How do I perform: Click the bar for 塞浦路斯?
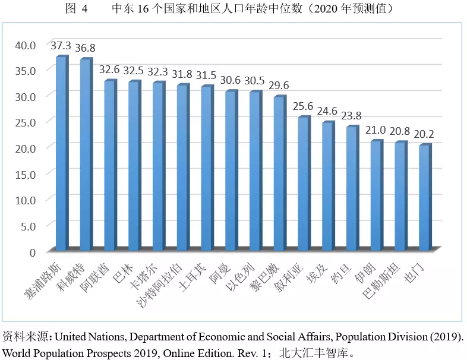click(x=61, y=153)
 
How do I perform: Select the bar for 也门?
click(x=424, y=197)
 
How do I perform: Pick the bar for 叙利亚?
click(x=303, y=184)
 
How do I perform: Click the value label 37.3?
click(x=61, y=46)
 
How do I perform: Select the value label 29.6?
click(x=279, y=86)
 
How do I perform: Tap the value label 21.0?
click(x=376, y=130)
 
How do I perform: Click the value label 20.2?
click(x=424, y=134)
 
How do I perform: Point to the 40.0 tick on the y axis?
click(x=26, y=45)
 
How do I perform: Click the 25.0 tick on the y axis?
click(x=26, y=122)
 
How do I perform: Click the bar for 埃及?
click(x=327, y=186)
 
